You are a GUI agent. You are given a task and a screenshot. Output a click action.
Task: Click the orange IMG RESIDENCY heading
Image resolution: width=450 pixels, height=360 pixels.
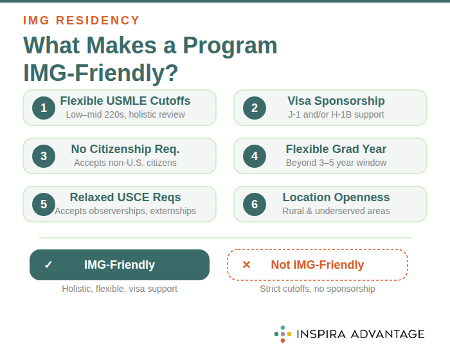coord(82,21)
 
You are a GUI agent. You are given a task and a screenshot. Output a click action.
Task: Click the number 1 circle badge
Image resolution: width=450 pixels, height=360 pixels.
coord(44,108)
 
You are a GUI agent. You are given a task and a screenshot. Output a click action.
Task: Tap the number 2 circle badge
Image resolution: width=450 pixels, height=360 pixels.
coord(255,108)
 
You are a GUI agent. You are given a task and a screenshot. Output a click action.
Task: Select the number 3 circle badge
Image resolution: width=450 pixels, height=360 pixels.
coord(44,156)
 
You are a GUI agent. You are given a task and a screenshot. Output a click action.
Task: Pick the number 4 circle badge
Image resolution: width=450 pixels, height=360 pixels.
coord(255,156)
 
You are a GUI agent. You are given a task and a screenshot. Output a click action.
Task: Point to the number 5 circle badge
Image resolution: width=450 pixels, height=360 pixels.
coord(44,204)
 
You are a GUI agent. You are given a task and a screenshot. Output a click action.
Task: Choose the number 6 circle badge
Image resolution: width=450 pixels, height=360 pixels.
coord(255,204)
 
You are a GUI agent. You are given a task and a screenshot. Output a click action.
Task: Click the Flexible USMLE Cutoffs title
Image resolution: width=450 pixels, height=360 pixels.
coord(125,101)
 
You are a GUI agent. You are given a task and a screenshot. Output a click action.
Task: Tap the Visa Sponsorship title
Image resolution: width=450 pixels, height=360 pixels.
coord(336,101)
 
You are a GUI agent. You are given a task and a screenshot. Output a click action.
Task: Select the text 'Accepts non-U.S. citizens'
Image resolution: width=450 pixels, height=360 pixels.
coord(125,163)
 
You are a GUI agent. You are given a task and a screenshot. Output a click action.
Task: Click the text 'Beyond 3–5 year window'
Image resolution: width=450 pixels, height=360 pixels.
coord(336,163)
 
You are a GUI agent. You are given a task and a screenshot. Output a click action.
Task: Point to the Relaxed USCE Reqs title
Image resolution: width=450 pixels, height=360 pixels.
coord(125,197)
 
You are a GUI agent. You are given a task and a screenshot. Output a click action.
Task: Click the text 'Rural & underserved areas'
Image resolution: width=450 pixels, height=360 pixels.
coord(336,211)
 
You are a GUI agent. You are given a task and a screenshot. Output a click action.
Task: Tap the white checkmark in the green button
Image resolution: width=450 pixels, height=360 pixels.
coord(48,265)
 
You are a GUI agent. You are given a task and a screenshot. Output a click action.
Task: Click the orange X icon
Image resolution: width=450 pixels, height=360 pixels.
coord(246,265)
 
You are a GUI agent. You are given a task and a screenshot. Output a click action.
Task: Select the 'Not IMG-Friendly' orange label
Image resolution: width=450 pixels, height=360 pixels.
coord(318,265)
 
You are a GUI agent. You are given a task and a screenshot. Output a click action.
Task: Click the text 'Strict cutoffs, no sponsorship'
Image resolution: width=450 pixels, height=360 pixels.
coord(318,289)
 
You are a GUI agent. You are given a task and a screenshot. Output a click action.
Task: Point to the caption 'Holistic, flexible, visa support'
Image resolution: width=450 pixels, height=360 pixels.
coord(120,289)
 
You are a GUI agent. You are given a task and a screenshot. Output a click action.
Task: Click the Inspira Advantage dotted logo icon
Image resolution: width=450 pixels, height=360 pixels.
coord(282,334)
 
